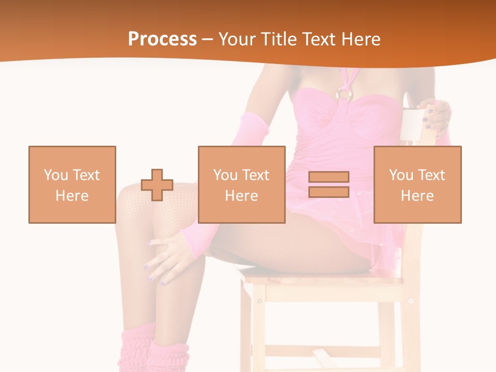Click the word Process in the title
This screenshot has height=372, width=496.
(162, 39)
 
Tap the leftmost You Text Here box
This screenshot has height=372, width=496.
(72, 184)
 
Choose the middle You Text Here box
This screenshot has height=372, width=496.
(241, 184)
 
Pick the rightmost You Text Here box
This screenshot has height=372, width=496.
(417, 184)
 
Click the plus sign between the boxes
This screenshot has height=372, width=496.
(157, 184)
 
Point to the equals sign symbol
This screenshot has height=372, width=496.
(329, 184)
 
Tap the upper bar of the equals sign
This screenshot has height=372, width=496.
(329, 177)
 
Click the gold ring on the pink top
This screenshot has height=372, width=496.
(345, 94)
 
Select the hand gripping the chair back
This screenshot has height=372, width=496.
(436, 117)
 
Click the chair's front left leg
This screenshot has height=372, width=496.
(249, 331)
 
